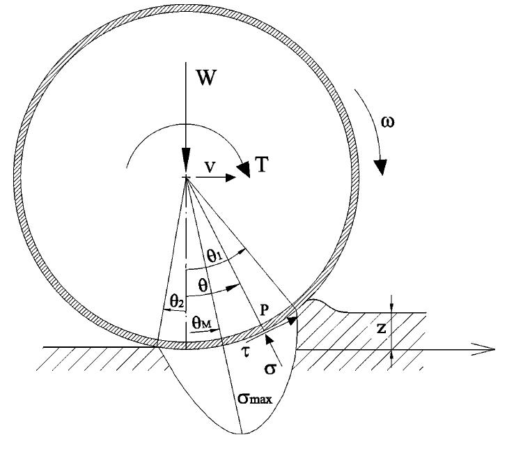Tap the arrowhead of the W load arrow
coord(185,165)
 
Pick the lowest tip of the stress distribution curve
coord(242,434)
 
